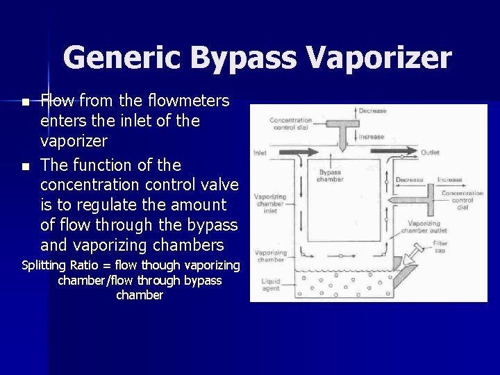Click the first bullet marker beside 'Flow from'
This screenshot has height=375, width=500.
click(26, 102)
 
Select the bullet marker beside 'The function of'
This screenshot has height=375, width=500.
click(26, 167)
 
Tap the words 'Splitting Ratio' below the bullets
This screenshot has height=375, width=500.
click(66, 265)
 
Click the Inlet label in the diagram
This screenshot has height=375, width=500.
click(260, 153)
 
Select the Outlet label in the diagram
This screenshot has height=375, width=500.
click(430, 153)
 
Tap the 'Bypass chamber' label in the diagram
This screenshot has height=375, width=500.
click(330, 176)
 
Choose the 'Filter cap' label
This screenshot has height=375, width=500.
click(440, 247)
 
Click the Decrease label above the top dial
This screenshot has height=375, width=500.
click(373, 111)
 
